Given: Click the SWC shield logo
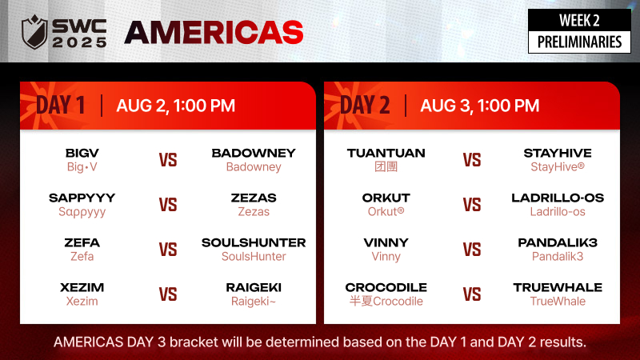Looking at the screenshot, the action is pyautogui.click(x=34, y=32).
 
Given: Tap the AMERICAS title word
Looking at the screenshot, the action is pyautogui.click(x=214, y=33).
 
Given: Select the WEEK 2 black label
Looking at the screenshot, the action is pyautogui.click(x=579, y=20).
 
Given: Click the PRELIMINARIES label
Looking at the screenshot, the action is pyautogui.click(x=579, y=42).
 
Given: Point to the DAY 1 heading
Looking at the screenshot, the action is pyautogui.click(x=61, y=106).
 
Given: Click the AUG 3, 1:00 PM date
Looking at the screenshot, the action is pyautogui.click(x=479, y=106).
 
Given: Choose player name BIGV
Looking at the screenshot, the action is pyautogui.click(x=82, y=153).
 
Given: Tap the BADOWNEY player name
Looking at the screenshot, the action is pyautogui.click(x=254, y=153).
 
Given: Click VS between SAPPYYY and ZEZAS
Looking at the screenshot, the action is pyautogui.click(x=168, y=205).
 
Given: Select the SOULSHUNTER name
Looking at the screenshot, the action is pyautogui.click(x=254, y=243).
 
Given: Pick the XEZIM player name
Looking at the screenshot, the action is pyautogui.click(x=82, y=287).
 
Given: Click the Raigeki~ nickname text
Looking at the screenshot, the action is pyautogui.click(x=254, y=302).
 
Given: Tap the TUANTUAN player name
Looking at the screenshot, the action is pyautogui.click(x=386, y=153).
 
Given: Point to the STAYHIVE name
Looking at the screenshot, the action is pyautogui.click(x=558, y=153).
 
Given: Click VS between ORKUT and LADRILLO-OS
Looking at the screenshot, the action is pyautogui.click(x=472, y=205).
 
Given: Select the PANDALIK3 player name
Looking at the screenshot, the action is pyautogui.click(x=558, y=243).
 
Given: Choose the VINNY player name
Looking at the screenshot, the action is pyautogui.click(x=386, y=243).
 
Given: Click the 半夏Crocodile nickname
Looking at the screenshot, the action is pyautogui.click(x=386, y=302).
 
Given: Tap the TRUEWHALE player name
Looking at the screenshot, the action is pyautogui.click(x=558, y=287).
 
